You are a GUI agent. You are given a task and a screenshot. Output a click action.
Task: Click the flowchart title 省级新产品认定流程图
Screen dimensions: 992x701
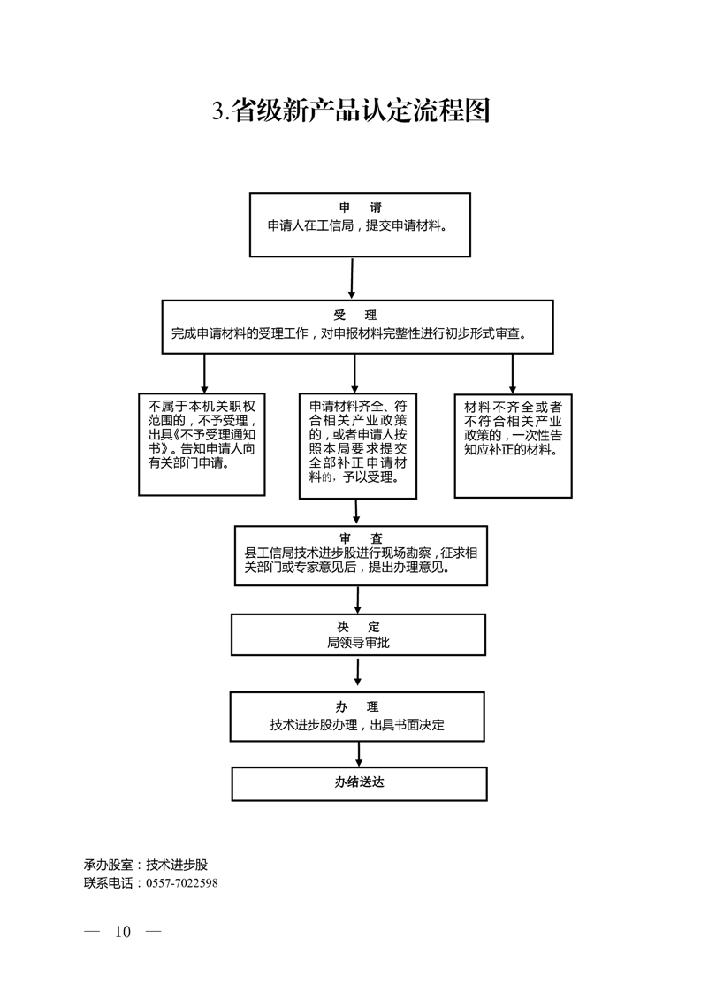tap(350, 111)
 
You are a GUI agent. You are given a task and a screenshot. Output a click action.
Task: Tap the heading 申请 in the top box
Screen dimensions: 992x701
tap(360, 208)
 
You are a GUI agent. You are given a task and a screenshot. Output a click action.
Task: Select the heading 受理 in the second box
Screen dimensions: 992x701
tap(355, 315)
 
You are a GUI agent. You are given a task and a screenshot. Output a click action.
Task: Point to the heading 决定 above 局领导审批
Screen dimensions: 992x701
tap(357, 626)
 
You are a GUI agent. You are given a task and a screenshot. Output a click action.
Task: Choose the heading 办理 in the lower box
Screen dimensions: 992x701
tap(357, 706)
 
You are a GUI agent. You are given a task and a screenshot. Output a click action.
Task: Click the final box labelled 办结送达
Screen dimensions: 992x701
tap(359, 782)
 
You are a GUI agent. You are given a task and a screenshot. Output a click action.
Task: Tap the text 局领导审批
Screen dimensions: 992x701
tap(357, 643)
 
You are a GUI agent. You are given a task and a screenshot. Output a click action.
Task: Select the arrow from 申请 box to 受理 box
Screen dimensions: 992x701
tap(352, 278)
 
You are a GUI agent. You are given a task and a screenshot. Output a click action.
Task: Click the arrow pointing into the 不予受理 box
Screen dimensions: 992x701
tap(204, 372)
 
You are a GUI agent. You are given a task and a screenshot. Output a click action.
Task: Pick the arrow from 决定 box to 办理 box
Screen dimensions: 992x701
tap(357, 673)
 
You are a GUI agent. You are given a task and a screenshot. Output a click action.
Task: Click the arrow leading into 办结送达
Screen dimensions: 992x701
tap(359, 753)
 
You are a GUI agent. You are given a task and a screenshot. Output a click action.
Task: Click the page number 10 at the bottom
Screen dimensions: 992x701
tap(122, 932)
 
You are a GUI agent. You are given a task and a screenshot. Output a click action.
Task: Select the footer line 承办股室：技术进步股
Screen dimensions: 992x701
tap(146, 865)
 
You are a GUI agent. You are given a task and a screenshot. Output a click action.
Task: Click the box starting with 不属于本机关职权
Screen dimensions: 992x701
tap(202, 444)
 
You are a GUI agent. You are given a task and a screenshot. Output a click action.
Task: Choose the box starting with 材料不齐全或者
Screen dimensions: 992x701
tap(512, 444)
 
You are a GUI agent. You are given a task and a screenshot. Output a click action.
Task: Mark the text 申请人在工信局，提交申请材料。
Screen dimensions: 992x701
tap(357, 225)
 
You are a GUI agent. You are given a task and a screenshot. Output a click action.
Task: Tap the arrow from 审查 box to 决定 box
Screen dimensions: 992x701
tap(357, 599)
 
